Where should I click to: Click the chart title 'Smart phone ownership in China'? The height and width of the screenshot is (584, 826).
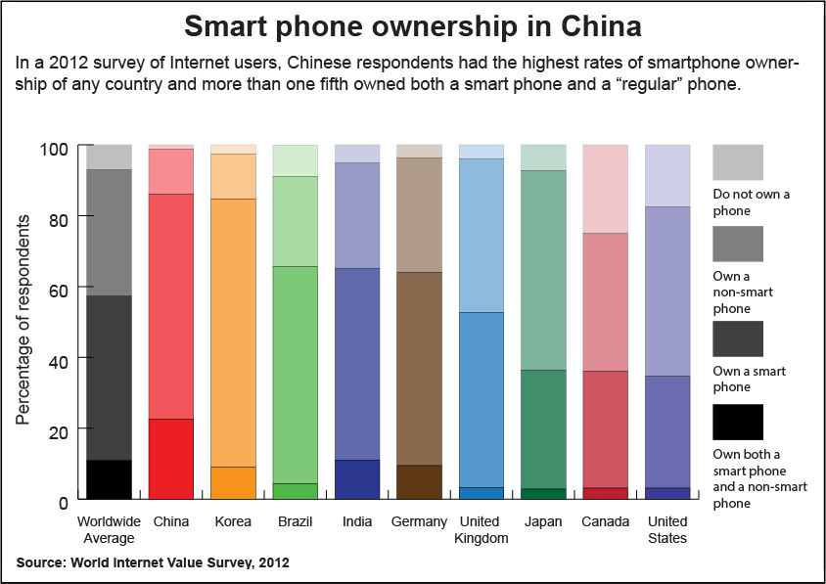412,25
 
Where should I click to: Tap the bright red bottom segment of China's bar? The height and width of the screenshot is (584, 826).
171,459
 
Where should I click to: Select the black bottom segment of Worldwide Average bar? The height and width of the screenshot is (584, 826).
109,479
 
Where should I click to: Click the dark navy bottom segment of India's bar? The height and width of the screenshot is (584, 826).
357,479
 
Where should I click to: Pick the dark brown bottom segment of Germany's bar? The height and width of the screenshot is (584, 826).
419,482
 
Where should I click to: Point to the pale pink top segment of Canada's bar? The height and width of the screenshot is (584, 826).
605,189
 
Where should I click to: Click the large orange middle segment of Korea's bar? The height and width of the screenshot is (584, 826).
233,333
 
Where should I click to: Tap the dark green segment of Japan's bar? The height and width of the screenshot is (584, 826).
543,429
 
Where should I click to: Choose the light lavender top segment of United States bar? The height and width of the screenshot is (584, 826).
667,176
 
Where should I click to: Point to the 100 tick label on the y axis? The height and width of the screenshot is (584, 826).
54,149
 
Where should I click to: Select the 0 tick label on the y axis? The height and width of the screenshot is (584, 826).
64,503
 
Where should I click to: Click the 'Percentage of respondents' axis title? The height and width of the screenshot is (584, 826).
23,320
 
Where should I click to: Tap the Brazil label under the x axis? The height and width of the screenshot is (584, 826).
295,521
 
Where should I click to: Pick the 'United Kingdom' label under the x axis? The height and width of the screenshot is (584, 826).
481,530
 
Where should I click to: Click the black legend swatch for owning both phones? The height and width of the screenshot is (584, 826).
738,422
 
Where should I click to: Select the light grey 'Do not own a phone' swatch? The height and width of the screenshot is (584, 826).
738,162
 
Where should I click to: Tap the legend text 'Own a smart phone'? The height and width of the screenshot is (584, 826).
749,379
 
